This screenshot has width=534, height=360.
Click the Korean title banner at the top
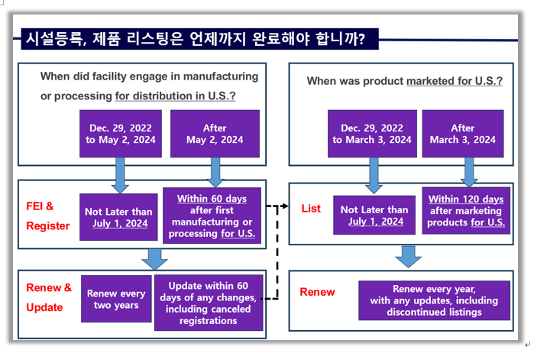[x=199, y=39]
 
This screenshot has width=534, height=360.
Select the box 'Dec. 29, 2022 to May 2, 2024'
[x=121, y=134]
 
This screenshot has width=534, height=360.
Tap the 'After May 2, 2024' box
[x=215, y=134]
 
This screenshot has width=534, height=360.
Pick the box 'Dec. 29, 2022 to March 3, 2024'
[x=372, y=134]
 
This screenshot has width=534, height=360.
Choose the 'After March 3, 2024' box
[x=463, y=134]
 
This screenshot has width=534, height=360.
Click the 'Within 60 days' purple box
[x=212, y=216]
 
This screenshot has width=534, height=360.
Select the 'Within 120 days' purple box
[x=466, y=210]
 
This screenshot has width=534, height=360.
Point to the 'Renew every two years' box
[x=116, y=299]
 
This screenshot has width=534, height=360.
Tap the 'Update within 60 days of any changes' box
[x=209, y=303]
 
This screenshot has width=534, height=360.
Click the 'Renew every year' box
[x=434, y=300]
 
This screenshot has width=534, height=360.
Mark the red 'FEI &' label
[x=40, y=206]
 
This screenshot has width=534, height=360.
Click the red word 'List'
[x=311, y=209]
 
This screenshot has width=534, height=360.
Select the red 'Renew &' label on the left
[x=49, y=288]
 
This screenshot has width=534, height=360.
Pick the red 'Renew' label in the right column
[x=317, y=292]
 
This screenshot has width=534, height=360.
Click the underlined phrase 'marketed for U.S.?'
[x=455, y=81]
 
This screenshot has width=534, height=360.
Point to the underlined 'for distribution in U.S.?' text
[x=175, y=96]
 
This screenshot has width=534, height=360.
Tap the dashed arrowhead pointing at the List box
[x=286, y=206]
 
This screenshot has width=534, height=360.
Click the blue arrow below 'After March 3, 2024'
[x=469, y=172]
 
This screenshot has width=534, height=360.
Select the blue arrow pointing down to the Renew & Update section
[x=154, y=259]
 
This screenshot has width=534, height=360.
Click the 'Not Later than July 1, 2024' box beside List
[x=374, y=216]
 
